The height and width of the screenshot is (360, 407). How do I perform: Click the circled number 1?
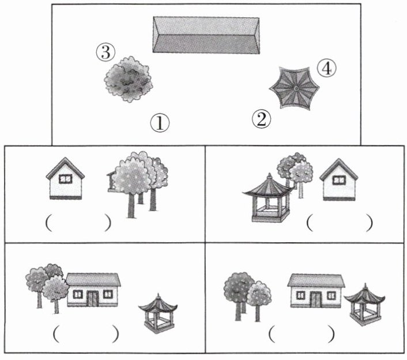click(x=160, y=123)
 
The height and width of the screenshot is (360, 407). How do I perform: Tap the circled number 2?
click(x=261, y=119)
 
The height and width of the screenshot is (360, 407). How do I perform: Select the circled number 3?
click(x=105, y=52)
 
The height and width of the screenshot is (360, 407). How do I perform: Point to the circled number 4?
click(x=326, y=68)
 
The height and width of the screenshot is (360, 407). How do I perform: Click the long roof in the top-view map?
click(x=206, y=35)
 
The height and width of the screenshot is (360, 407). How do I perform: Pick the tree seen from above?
click(x=128, y=79)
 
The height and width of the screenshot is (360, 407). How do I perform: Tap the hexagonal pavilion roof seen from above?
click(x=295, y=88)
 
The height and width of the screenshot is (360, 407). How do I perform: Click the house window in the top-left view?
click(x=65, y=179)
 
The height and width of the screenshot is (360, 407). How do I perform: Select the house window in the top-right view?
click(x=339, y=180)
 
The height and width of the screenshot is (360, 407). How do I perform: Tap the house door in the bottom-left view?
click(x=93, y=298)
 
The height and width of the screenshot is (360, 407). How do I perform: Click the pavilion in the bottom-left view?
click(x=158, y=313)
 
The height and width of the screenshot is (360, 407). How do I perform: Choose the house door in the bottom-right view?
click(x=316, y=299)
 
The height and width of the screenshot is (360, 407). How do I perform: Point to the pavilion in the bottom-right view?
click(x=364, y=305)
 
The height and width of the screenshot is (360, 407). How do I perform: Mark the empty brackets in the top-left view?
click(x=78, y=223)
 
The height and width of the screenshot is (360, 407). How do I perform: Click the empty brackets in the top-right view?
click(x=340, y=223)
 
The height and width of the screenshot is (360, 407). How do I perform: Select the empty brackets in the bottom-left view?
click(x=86, y=333)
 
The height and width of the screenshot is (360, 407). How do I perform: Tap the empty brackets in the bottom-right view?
click(x=302, y=334)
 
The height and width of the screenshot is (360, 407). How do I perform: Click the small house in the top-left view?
click(x=65, y=178)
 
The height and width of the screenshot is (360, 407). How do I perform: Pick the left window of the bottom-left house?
click(x=78, y=295)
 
